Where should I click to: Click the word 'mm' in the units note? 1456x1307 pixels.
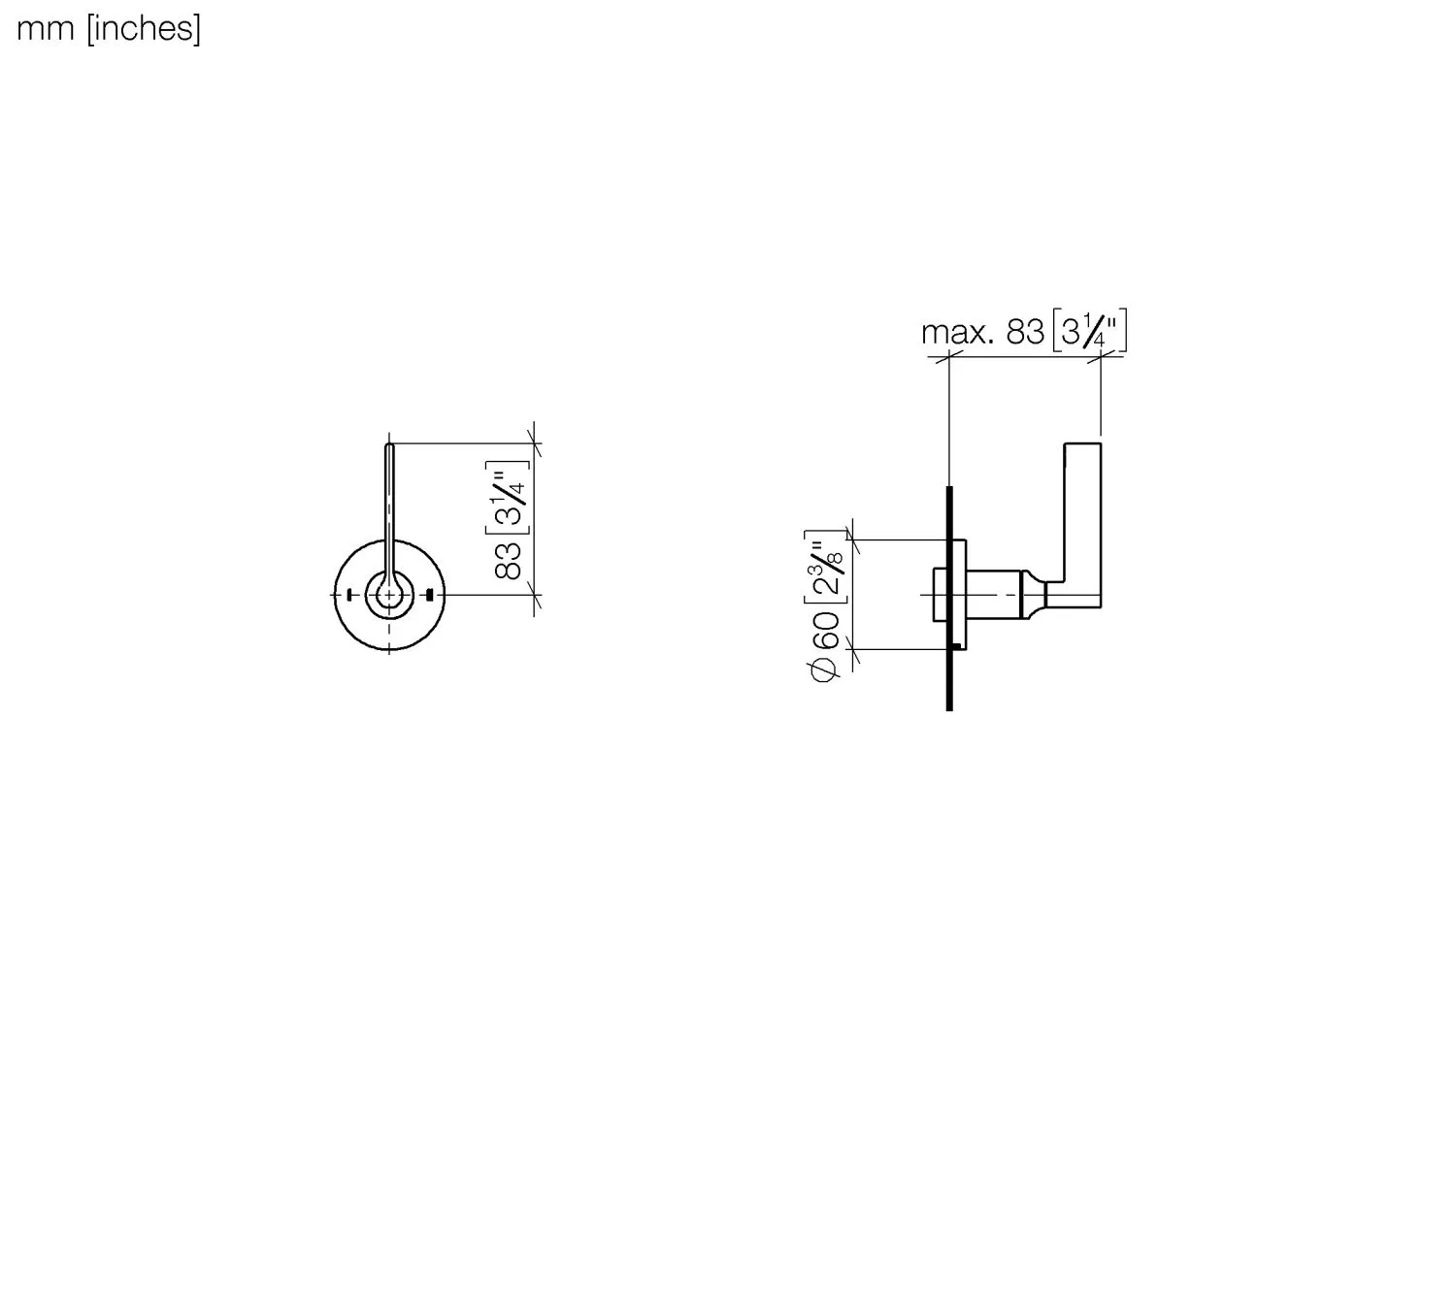46,30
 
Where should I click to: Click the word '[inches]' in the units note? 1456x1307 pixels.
144,29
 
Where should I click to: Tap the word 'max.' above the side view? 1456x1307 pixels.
956,333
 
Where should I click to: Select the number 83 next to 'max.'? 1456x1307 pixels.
1025,332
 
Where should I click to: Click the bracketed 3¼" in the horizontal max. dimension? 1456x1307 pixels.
1089,331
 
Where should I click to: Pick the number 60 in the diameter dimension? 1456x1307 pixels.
826,630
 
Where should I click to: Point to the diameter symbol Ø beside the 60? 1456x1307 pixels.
826,669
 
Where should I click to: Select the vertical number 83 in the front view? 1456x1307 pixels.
508,561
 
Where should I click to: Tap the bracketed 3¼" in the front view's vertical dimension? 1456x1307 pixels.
508,497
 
